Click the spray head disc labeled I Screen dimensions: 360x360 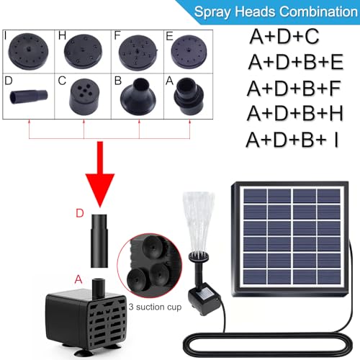point(28,51)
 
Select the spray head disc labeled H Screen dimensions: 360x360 point(83,51)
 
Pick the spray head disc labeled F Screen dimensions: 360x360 point(138,53)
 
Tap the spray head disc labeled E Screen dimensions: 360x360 point(189,51)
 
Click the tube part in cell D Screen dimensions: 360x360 point(29,96)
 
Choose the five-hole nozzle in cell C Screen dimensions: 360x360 point(84,96)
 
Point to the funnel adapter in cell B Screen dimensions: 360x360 point(138,96)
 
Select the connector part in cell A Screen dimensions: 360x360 point(189,96)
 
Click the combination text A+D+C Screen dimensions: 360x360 point(284,36)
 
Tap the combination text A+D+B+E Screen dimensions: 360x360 point(296,62)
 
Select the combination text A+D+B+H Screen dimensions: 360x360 point(295,113)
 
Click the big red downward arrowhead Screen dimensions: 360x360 point(100,190)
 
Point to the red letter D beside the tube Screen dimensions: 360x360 point(80,213)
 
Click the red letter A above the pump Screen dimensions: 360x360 point(78,279)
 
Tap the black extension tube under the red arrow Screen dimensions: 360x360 point(99,240)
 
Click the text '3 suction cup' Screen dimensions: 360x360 point(155,307)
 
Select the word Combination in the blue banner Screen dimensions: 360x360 point(319,12)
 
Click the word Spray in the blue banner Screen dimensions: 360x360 point(212,12)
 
